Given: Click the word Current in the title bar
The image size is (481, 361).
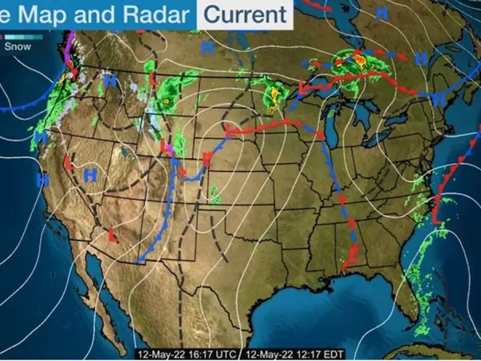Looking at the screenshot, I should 245,14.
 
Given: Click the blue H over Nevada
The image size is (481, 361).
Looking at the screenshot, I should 90,172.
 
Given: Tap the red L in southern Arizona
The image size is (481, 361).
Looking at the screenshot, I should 113,235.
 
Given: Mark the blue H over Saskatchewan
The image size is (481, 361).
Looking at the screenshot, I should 208,47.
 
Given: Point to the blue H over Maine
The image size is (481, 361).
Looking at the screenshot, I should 440,96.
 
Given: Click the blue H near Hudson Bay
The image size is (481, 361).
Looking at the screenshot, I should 382,14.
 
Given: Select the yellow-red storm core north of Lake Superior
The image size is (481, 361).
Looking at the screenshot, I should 359,59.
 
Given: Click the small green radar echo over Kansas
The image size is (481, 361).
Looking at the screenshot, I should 214,193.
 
